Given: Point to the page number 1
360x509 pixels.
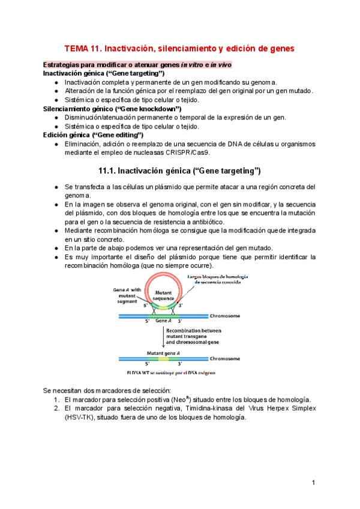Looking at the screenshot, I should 314,483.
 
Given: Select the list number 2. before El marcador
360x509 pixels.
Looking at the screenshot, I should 56,408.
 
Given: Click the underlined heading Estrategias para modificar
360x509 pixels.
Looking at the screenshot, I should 137,64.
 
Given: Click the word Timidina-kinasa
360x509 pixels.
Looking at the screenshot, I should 199,408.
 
